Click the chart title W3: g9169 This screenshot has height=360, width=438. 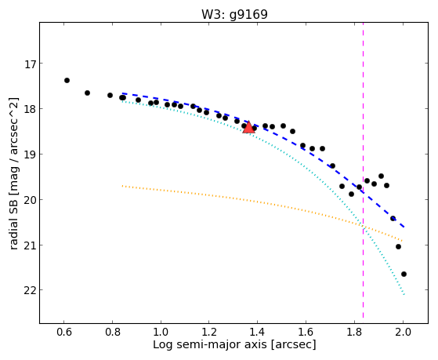click(234, 14)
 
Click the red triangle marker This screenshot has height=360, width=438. click(248, 127)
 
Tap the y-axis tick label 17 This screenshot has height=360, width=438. click(31, 64)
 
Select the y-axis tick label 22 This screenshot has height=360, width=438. click(31, 290)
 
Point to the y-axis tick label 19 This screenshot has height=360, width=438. click(31, 155)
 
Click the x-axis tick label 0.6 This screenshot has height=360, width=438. click(64, 332)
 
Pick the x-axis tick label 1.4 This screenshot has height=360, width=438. click(258, 332)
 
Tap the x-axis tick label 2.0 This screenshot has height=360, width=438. click(403, 332)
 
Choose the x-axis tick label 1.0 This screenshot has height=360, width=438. click(161, 332)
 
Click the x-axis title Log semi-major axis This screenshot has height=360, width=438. click(210, 344)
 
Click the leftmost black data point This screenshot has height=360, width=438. click(67, 81)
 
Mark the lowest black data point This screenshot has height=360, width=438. click(404, 275)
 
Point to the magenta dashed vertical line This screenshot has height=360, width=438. click(363, 170)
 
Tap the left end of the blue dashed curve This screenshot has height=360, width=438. click(122, 93)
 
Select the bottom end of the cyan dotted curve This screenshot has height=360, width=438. click(404, 294)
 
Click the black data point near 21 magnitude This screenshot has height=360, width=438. click(398, 247)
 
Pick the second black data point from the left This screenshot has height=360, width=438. click(87, 93)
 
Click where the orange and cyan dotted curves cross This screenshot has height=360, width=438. click(363, 227)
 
